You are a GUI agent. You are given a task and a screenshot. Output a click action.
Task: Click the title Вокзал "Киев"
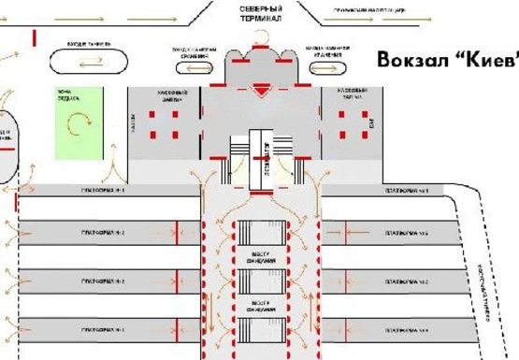446,57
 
